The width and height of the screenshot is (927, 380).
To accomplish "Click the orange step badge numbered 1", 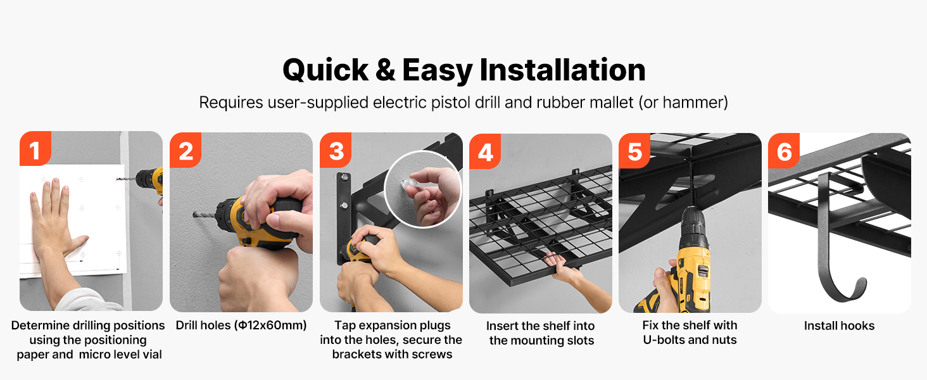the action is tap(35, 148).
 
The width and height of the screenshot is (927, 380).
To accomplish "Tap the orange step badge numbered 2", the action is tap(186, 150).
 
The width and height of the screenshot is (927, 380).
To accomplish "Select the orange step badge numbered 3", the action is tap(336, 150).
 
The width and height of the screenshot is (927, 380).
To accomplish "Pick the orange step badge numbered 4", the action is tap(485, 151).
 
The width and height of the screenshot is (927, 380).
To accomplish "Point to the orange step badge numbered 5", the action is tap(634, 151).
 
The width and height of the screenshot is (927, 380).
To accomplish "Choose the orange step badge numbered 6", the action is tap(784, 151).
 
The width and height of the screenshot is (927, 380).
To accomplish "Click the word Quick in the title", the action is tap(325, 70).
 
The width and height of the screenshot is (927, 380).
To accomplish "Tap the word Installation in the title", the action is tap(562, 70).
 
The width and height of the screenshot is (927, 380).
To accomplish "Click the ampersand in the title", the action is tap(385, 70).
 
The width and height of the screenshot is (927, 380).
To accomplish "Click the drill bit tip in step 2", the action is tap(194, 215).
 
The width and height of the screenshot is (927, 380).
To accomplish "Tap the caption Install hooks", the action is tap(839, 326).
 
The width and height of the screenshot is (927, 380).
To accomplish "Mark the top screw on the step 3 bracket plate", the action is tap(343, 177).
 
